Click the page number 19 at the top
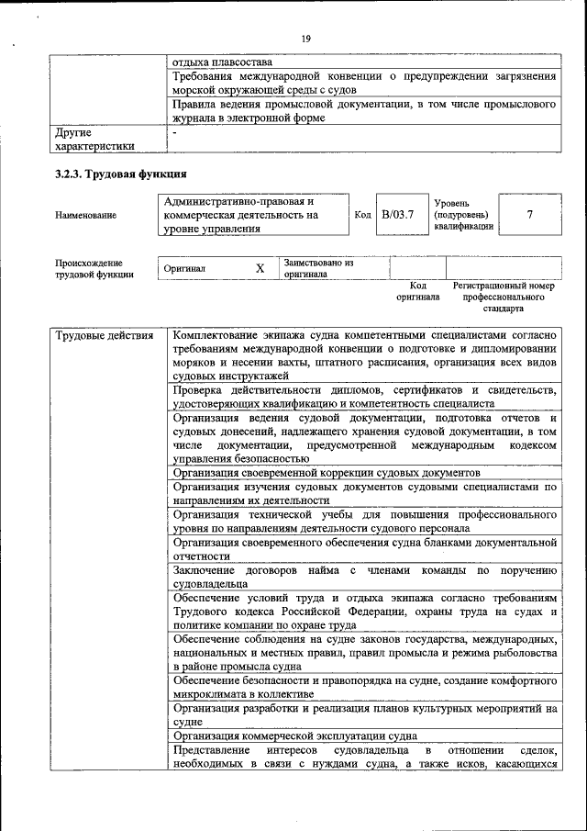click(305, 38)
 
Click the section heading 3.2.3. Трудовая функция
click(121, 173)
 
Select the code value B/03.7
click(398, 214)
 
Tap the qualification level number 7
click(530, 214)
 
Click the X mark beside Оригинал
click(260, 268)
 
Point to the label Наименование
click(85, 215)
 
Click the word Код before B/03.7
click(361, 214)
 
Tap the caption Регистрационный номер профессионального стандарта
click(509, 298)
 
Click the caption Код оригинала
click(417, 292)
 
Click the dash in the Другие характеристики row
click(174, 132)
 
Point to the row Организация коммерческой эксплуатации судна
click(294, 736)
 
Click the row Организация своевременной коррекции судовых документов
click(326, 472)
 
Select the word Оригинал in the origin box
click(184, 269)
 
